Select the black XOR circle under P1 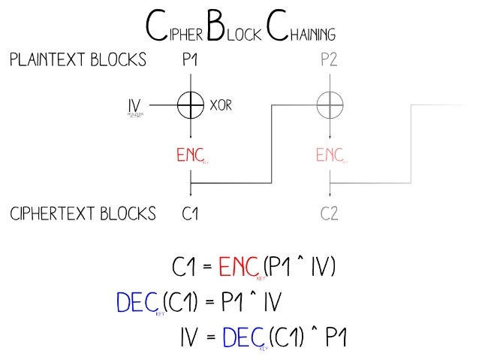click(191, 106)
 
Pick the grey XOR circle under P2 click(330, 106)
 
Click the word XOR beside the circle click(221, 106)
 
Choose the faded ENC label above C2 click(329, 156)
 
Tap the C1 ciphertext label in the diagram click(191, 214)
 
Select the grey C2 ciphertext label click(330, 214)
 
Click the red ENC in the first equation click(239, 267)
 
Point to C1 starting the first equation click(185, 267)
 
